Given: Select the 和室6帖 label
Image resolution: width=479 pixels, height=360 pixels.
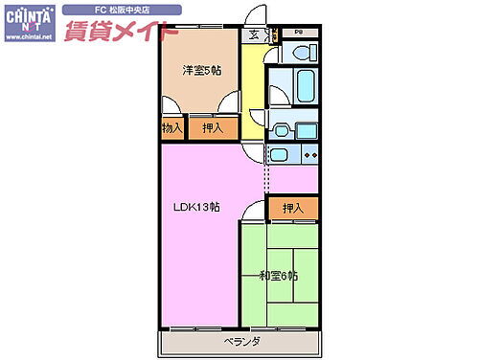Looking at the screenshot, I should point(278,276).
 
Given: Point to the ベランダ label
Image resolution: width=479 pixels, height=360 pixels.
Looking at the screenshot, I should point(242,341).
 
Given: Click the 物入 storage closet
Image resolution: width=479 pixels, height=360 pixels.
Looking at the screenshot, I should point(171,128).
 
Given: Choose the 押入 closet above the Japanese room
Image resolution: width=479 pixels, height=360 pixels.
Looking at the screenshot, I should point(293,208).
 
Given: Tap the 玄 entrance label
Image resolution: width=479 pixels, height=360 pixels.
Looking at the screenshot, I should point(254,36).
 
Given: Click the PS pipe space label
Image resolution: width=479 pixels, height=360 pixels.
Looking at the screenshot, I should point(298,32).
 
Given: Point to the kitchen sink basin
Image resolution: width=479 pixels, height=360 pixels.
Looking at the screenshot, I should point(279,156).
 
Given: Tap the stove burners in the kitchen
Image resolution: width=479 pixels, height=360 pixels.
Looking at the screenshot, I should point(309,156).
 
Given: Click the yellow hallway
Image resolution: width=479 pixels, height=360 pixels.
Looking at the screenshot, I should point(251,91).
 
